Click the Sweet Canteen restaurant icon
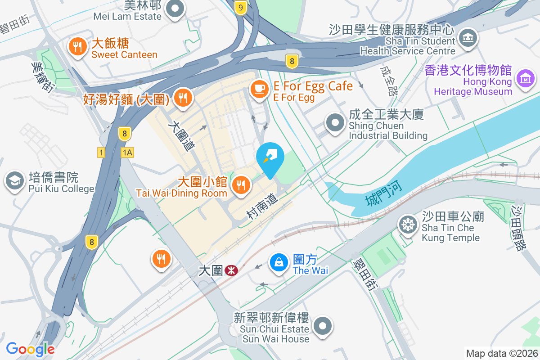click(78, 46)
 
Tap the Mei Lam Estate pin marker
click(175, 9)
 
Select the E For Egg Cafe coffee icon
click(259, 89)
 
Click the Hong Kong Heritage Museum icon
click(525, 79)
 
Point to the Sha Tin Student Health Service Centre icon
click(468, 37)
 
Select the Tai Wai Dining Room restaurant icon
click(241, 184)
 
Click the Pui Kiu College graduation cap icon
click(15, 181)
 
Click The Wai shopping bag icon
click(279, 263)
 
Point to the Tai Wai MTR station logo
click(231, 270)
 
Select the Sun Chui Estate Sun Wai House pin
click(322, 327)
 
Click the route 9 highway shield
click(242, 7)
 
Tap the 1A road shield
click(127, 153)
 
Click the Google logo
click(30, 349)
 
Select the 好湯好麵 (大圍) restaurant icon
click(182, 98)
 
